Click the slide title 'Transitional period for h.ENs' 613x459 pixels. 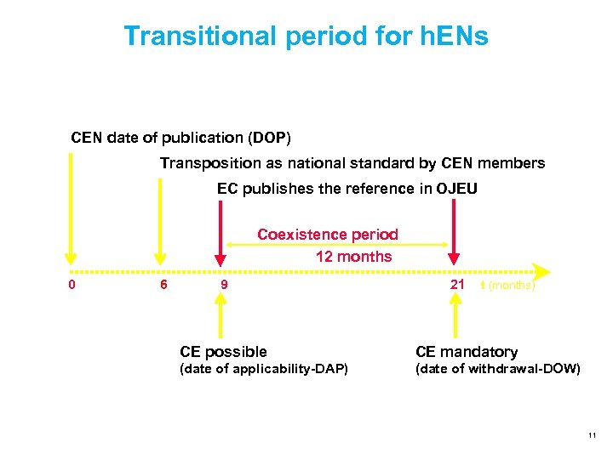pyautogui.click(x=306, y=36)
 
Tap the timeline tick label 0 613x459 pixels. pyautogui.click(x=72, y=285)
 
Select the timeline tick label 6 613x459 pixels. pyautogui.click(x=163, y=285)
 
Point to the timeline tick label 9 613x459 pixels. pyautogui.click(x=224, y=285)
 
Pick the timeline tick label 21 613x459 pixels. pyautogui.click(x=457, y=285)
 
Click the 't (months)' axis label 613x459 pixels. pyautogui.click(x=507, y=286)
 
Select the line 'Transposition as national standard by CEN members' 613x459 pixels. pyautogui.click(x=352, y=162)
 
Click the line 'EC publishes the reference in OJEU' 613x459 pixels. pyautogui.click(x=347, y=188)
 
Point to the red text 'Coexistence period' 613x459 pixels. pyautogui.click(x=328, y=234)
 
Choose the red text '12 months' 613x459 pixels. pyautogui.click(x=353, y=256)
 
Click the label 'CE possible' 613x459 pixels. pyautogui.click(x=223, y=351)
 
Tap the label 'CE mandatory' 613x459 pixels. pyautogui.click(x=467, y=351)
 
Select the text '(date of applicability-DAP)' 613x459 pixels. pyautogui.click(x=264, y=369)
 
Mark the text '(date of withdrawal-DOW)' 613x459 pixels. pyautogui.click(x=498, y=369)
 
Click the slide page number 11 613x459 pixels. pyautogui.click(x=591, y=436)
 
